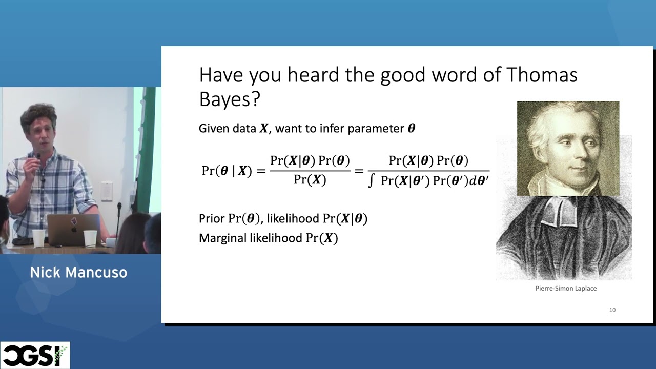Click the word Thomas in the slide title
click(542, 75)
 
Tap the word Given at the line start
click(214, 128)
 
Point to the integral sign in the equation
click(372, 181)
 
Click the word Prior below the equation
click(212, 219)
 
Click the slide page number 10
click(612, 310)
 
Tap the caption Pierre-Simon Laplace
click(566, 289)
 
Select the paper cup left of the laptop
click(39, 237)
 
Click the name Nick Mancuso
click(78, 272)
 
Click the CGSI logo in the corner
click(35, 355)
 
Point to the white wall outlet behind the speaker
click(107, 191)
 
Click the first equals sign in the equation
click(261, 171)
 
